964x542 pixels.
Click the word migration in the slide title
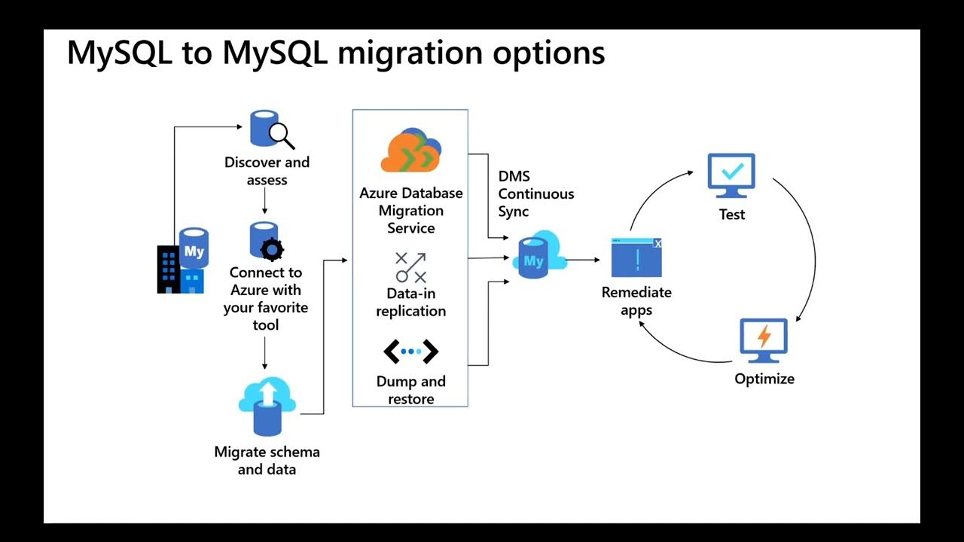[404, 53]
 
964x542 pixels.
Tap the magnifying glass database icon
[270, 129]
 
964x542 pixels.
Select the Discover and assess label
[267, 171]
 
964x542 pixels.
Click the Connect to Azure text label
[265, 299]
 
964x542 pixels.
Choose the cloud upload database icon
[267, 407]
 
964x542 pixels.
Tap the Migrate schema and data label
[267, 461]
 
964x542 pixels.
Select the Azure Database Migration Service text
[410, 210]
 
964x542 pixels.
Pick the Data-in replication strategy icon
[410, 267]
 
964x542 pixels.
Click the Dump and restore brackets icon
[410, 351]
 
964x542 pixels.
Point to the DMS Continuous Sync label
[535, 194]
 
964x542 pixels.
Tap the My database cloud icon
[538, 256]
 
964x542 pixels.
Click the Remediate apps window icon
[636, 258]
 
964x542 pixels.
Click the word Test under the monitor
[731, 215]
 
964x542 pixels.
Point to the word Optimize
[764, 379]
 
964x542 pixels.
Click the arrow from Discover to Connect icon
[265, 202]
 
